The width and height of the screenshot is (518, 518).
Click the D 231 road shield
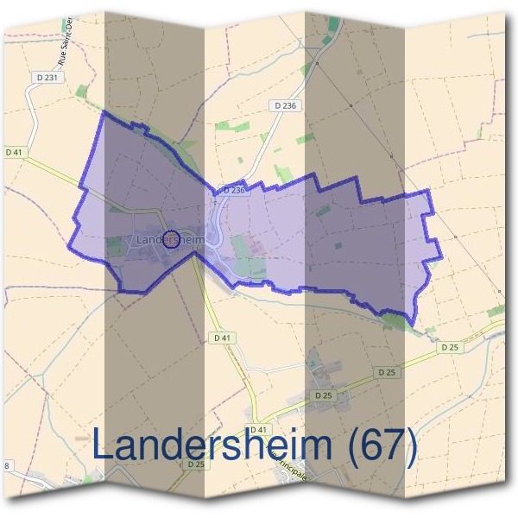48,77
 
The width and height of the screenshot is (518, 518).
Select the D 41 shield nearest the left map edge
13,152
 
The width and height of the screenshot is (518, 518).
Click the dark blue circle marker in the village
171,239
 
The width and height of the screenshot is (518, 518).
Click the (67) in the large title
380,445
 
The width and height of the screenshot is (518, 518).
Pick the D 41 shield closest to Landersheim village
222,337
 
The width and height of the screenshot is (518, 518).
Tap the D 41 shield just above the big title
259,429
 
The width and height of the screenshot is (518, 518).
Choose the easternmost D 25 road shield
448,347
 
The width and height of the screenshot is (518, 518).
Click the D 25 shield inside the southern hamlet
324,395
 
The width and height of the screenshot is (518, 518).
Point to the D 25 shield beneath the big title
196,464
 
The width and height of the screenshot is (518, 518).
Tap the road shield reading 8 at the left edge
7,465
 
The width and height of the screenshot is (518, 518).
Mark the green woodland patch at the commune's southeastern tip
395,321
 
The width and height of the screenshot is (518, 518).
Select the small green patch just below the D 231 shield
81,91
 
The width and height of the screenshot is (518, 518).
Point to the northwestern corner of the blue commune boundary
104,112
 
